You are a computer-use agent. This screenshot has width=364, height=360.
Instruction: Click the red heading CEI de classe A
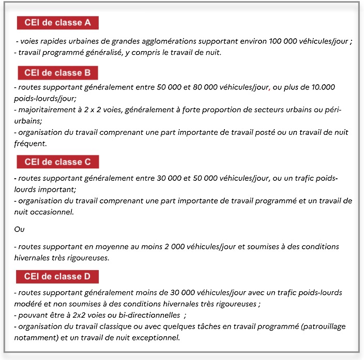click(x=57, y=23)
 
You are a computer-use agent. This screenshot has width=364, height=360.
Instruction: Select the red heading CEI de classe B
click(x=57, y=73)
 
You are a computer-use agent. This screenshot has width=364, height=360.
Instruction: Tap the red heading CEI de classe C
click(x=57, y=162)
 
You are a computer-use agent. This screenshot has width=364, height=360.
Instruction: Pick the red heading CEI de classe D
click(x=57, y=276)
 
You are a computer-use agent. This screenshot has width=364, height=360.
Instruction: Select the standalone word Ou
click(x=19, y=228)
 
